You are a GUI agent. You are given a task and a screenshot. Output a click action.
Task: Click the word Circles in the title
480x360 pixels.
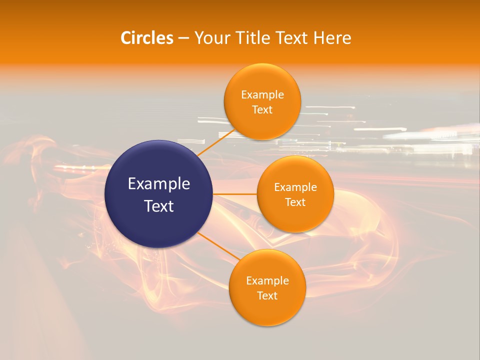[146, 38]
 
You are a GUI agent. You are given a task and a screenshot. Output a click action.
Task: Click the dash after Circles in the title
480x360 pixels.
[183, 38]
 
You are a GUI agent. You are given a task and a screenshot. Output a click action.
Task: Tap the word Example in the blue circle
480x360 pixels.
[159, 184]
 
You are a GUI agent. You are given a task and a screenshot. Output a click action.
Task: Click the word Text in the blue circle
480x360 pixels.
[159, 206]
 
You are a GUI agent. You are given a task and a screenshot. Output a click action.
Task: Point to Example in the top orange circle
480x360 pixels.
[262, 95]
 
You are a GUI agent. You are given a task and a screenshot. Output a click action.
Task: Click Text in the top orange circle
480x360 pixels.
[262, 110]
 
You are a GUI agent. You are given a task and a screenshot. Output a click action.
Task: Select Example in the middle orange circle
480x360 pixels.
[295, 187]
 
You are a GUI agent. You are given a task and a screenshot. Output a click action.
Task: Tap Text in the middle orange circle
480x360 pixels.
[295, 202]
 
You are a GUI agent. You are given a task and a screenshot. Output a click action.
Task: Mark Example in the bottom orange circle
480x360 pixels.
[267, 281]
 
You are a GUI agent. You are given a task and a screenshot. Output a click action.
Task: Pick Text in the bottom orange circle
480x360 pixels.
[267, 296]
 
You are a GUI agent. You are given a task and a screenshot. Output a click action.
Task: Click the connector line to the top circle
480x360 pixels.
[216, 143]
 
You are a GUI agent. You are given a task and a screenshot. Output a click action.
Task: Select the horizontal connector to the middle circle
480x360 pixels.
[235, 194]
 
